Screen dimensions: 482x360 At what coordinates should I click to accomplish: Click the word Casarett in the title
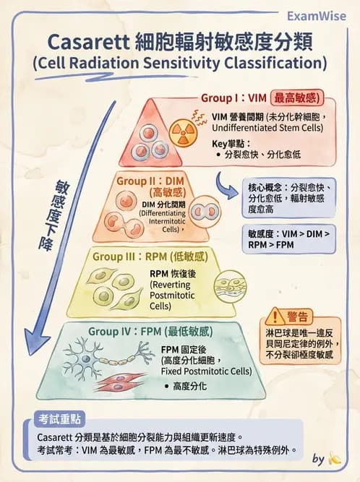coord(82,40)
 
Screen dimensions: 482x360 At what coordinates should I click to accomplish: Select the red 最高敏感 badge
coord(296,98)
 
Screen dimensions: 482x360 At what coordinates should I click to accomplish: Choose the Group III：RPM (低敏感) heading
coord(150,257)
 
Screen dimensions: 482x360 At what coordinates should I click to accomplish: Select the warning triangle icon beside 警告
coord(275,316)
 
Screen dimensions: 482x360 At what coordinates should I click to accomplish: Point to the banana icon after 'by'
coord(334,458)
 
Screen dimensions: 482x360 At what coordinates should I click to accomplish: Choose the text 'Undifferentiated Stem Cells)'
coord(262,128)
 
